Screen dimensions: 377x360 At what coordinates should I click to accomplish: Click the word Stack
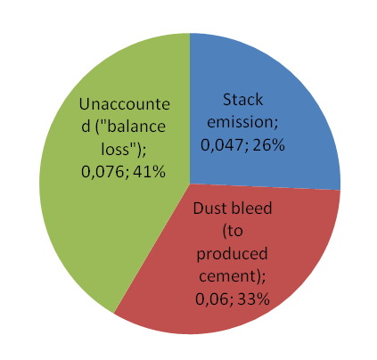[242, 100]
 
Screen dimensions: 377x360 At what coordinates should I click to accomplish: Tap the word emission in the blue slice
[242, 122]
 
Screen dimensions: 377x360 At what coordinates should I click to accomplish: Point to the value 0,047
[222, 145]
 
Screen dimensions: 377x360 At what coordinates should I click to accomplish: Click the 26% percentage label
[269, 145]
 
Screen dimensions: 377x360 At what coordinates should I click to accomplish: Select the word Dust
[209, 209]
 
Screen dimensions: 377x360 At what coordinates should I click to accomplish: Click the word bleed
[251, 209]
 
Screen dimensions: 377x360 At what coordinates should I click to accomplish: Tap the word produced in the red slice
[232, 254]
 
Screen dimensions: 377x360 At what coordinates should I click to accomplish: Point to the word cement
[227, 276]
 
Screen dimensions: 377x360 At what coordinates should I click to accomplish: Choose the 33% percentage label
[254, 299]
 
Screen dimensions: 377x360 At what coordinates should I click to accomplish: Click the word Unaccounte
[125, 104]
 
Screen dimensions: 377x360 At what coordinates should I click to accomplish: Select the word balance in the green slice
[135, 127]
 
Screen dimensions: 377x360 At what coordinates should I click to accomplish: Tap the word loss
[115, 149]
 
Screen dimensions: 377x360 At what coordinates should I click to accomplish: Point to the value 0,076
[102, 172]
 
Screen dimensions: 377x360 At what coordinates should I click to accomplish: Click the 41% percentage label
[149, 172]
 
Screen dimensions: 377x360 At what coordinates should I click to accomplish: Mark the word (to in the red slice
[233, 232]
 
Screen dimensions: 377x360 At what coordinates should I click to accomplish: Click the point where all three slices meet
[190, 184]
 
